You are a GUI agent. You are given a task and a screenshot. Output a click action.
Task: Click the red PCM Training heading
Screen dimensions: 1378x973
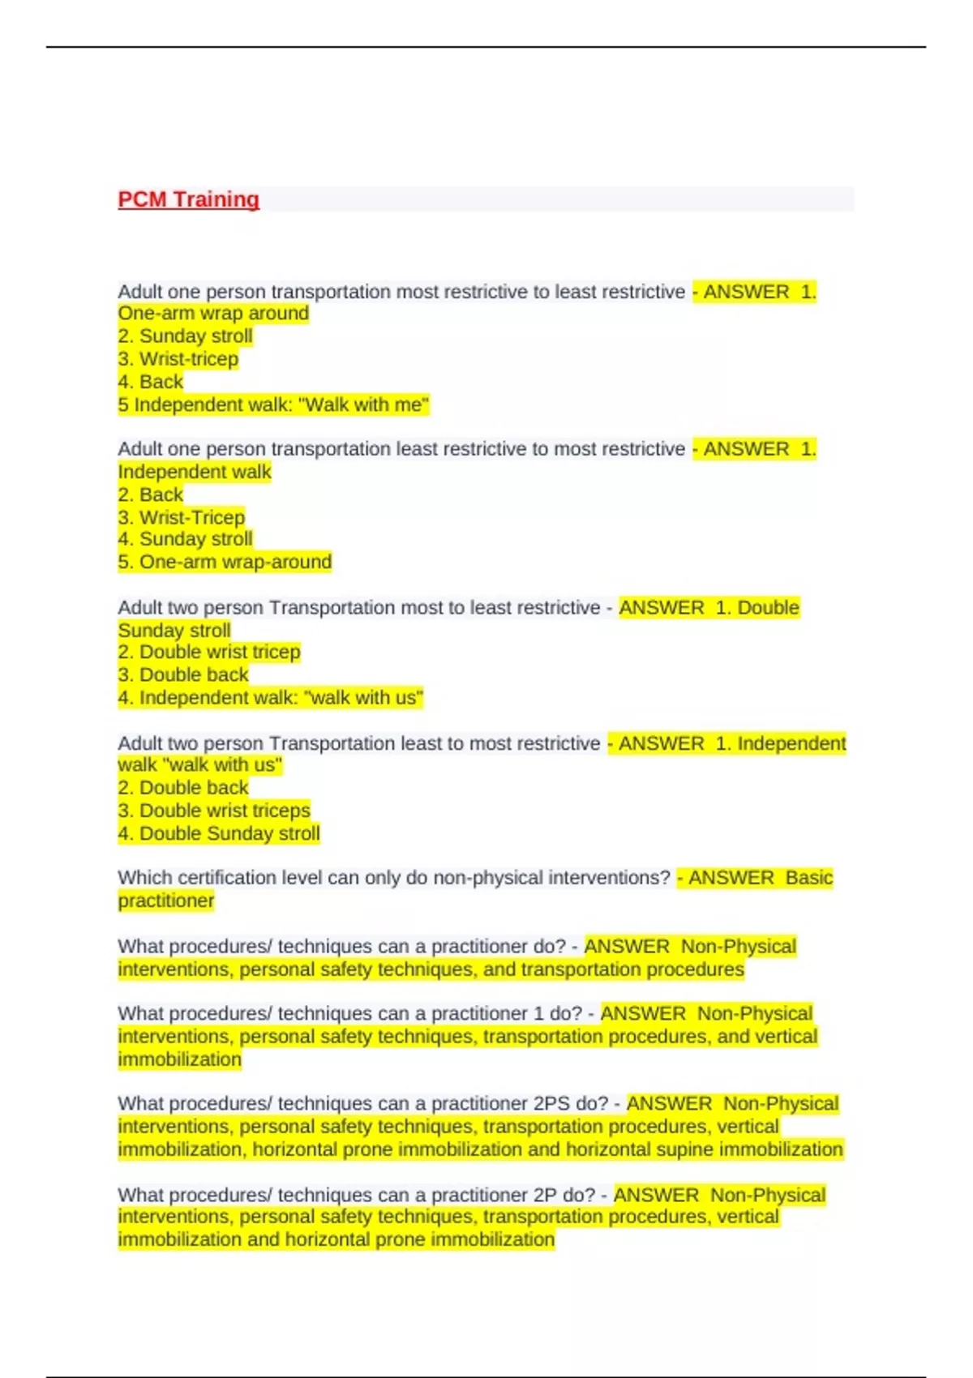(188, 199)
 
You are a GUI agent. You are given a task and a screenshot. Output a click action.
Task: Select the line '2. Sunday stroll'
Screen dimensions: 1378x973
(185, 336)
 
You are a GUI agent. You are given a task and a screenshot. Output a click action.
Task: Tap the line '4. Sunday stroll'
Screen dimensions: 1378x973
(185, 539)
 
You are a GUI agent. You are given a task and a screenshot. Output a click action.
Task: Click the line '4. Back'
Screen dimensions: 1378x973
(151, 382)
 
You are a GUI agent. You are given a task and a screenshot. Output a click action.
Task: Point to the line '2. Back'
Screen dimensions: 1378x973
(151, 494)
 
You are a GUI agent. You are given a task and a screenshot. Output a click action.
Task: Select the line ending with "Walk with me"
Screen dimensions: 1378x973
(272, 404)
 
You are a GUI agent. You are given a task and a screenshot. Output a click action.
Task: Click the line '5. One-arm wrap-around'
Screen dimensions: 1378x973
(225, 562)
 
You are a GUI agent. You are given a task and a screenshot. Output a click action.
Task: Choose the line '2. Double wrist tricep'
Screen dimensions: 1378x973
(209, 652)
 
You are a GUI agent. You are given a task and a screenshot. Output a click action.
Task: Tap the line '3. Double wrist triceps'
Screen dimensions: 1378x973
(214, 810)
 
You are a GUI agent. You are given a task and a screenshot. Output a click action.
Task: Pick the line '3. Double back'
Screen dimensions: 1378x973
(183, 674)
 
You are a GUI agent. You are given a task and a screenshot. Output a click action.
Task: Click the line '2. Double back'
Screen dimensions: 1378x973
(183, 787)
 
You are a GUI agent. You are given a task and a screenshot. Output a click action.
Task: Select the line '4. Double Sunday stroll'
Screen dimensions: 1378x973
(219, 833)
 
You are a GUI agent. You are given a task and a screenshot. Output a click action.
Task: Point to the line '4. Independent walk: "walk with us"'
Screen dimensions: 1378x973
(270, 697)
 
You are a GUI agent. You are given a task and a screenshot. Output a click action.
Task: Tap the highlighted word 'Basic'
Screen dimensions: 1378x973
(809, 878)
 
